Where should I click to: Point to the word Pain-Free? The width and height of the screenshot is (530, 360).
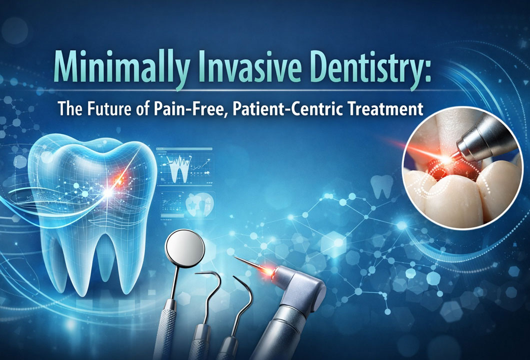click(x=192, y=109)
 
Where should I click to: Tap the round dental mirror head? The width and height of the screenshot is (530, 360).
click(x=184, y=248)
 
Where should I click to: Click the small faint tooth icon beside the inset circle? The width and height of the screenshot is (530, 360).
click(x=382, y=186)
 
